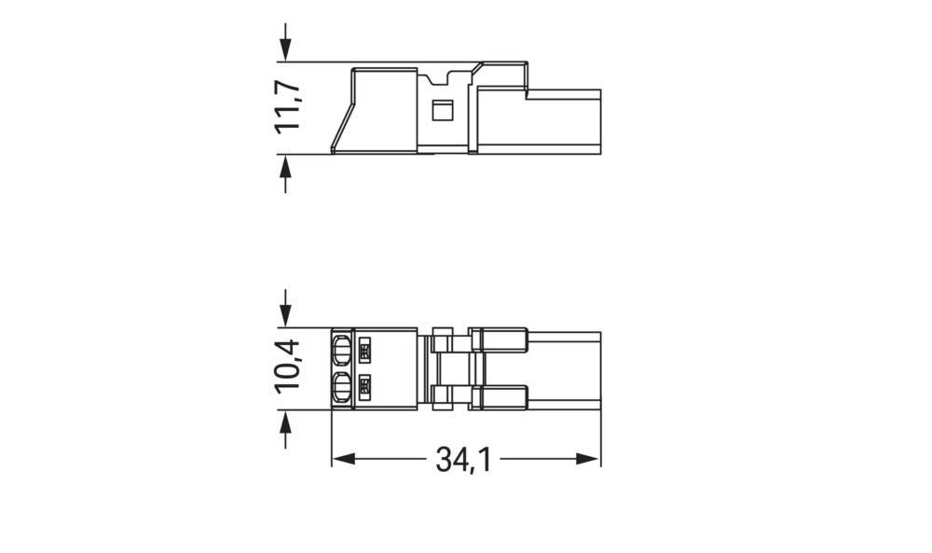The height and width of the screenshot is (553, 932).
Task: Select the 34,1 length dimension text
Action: click(464, 459)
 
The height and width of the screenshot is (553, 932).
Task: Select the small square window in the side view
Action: click(443, 111)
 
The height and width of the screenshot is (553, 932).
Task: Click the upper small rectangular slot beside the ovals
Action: click(364, 351)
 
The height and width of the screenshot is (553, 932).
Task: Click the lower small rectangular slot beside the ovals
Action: click(364, 384)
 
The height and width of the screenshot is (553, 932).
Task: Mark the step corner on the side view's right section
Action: click(528, 90)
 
